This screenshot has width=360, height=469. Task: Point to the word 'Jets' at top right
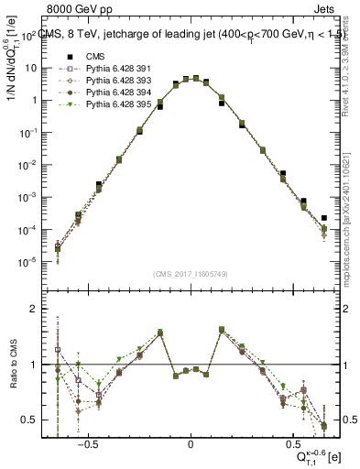(x=325, y=11)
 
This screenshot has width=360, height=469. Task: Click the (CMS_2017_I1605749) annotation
(x=191, y=274)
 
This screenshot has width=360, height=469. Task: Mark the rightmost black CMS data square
(x=324, y=218)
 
